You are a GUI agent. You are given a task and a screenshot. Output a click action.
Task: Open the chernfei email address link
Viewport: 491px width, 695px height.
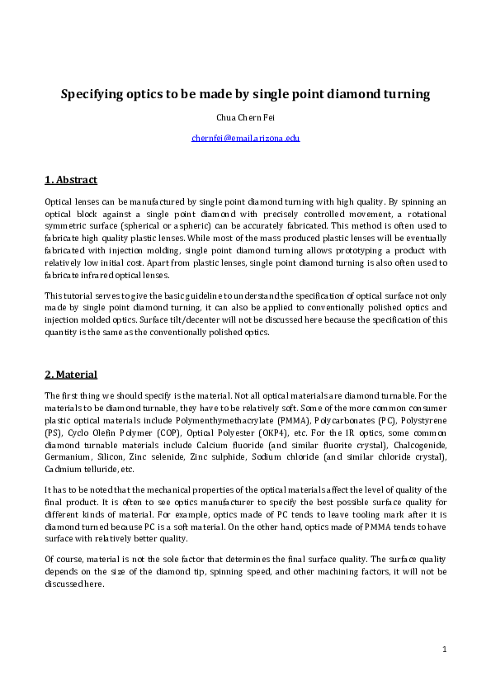pos(245,138)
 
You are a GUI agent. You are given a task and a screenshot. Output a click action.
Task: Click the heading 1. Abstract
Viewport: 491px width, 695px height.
pos(70,180)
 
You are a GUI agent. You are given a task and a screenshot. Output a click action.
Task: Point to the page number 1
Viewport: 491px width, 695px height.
pos(444,650)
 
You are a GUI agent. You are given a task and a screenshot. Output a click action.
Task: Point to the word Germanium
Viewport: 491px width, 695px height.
pos(68,456)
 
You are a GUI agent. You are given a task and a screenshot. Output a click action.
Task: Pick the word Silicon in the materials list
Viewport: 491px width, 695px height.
pos(113,456)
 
